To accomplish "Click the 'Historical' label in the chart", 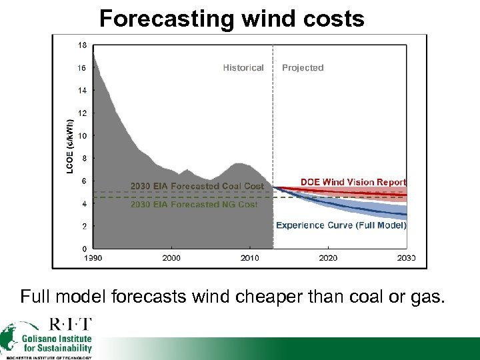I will coord(243,67).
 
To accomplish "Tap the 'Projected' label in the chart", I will coord(303,67).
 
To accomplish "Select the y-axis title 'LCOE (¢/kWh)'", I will coord(71,147).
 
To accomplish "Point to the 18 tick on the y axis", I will coord(81,45).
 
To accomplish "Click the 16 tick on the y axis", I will coord(81,68).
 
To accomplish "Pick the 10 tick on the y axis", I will coord(81,136).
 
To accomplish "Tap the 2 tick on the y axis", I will coord(83,227).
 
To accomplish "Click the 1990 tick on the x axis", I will coord(93,258).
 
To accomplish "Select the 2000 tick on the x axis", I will coord(171,258).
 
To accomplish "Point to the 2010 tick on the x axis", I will coord(249,258).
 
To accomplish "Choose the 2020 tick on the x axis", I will coord(328,258).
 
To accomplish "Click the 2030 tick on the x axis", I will coord(405,258).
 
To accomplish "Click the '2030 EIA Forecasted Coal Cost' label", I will coord(197,186).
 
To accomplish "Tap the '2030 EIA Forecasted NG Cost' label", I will coord(193,205).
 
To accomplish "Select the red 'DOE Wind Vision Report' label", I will coord(353,182).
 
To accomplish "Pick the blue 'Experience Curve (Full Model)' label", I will coord(341,225).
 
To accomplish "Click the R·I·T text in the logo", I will coord(71,325).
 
